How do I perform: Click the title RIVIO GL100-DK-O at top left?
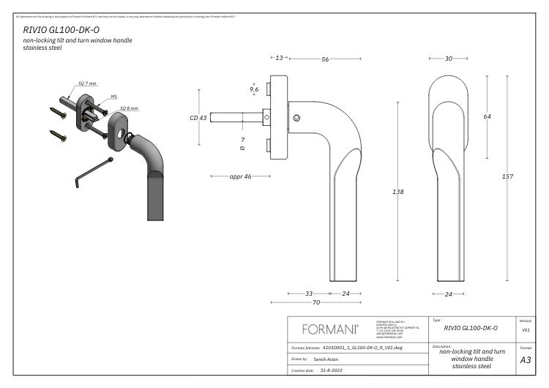click(x=61, y=29)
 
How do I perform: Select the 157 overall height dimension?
click(x=507, y=178)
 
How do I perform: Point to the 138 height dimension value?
click(x=398, y=192)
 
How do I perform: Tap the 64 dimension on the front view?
click(x=487, y=116)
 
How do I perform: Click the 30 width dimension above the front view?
click(x=448, y=59)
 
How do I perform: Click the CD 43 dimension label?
click(x=198, y=117)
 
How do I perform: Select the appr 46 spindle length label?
click(x=240, y=176)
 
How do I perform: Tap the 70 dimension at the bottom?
click(x=317, y=301)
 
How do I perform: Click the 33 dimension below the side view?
click(x=309, y=293)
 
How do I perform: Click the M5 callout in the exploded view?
click(x=113, y=95)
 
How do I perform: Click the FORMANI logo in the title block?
click(x=331, y=327)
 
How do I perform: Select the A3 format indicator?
click(x=525, y=360)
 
